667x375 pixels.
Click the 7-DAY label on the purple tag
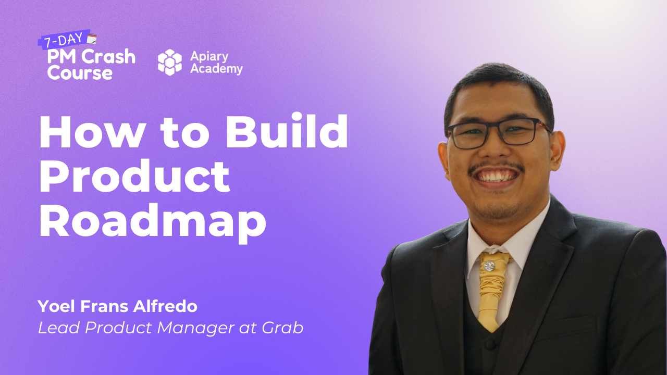pos(64,40)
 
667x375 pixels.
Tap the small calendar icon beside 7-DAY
pos(92,39)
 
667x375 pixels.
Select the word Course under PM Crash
pos(80,72)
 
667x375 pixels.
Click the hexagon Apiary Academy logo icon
pos(170,62)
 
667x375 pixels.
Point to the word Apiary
pos(209,57)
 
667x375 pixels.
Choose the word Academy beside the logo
pos(216,69)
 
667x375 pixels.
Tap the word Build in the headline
pos(287,131)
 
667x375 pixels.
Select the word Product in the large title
pos(134,176)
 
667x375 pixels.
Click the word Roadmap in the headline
pos(153,222)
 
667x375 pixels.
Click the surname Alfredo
pos(165,306)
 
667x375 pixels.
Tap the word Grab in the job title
pos(282,328)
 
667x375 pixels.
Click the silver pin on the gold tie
pos(489,266)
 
